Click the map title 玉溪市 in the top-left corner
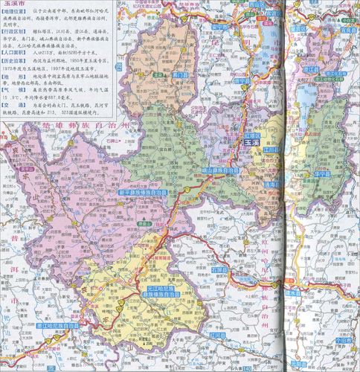click(x=16, y=6)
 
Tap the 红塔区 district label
click(x=254, y=135)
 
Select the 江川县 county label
click(x=270, y=150)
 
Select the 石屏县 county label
click(x=219, y=270)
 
